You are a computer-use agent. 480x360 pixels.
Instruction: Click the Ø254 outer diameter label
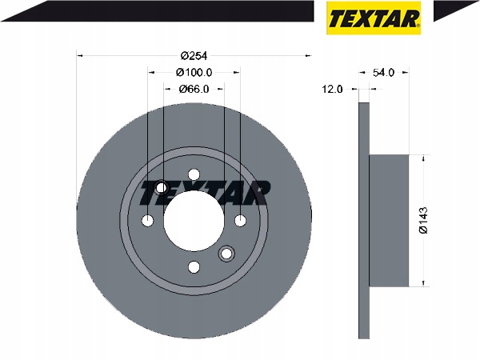pos(194,56)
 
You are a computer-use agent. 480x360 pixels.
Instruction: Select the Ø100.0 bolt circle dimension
pos(194,73)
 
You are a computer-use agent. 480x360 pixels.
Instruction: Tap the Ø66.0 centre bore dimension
pos(194,89)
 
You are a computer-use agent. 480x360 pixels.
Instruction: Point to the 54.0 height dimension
pos(383,73)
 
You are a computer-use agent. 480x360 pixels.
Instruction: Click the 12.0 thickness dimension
pos(333,90)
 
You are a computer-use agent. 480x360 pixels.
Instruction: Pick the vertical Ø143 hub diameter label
pos(424,221)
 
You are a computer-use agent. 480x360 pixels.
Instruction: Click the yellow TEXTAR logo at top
pos(374,18)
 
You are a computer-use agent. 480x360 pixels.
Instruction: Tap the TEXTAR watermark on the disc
pos(206,193)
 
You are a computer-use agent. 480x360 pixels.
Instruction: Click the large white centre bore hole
pos(194,221)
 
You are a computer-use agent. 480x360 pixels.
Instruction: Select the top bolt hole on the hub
pos(194,174)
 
